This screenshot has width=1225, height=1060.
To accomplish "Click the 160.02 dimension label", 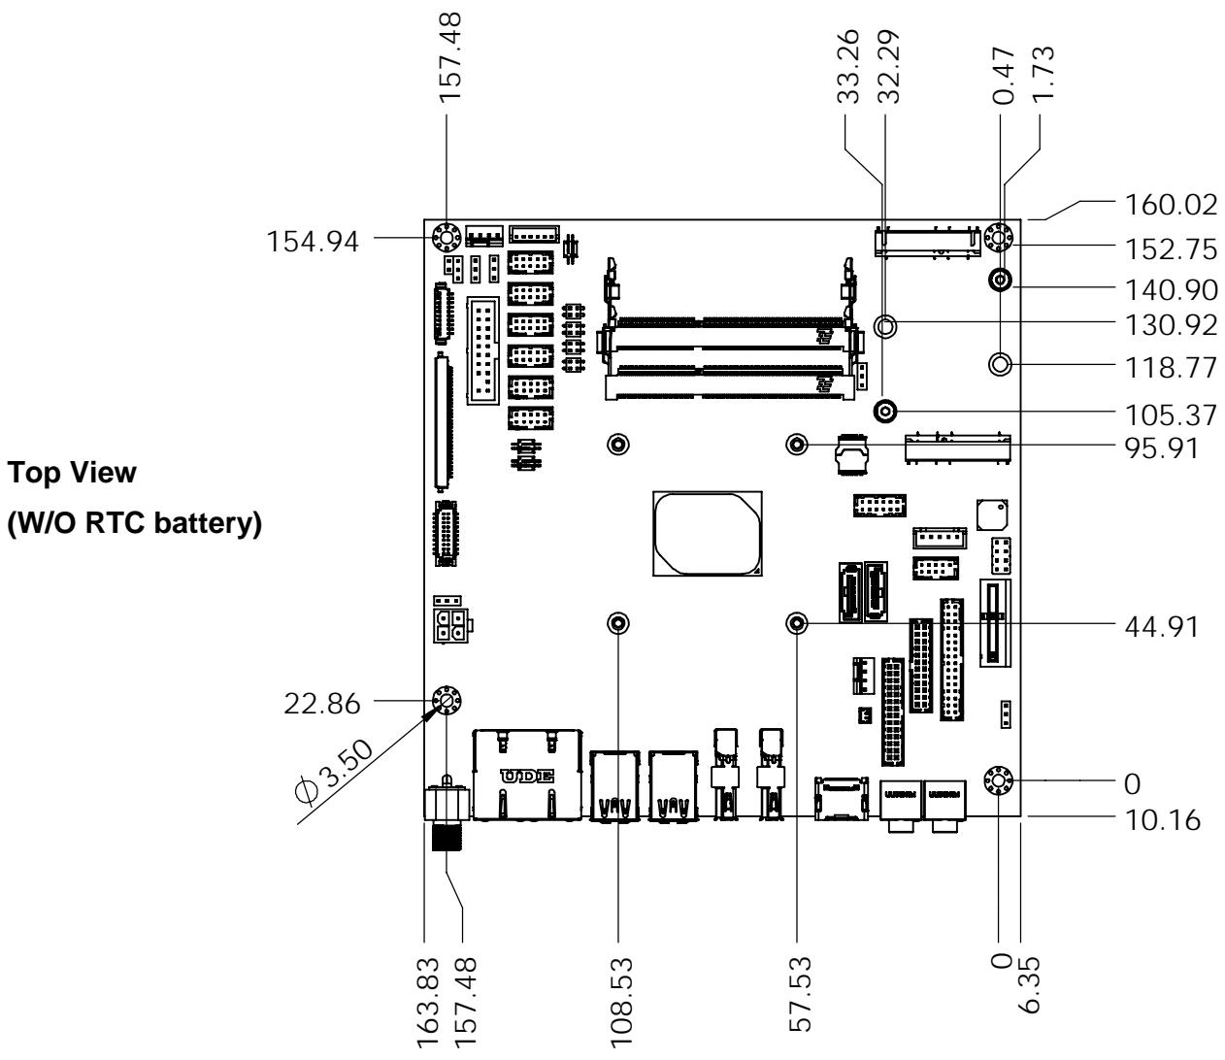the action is click(1170, 206).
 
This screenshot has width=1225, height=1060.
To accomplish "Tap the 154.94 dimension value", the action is click(313, 242).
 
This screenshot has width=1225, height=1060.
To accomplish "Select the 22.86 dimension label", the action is click(322, 704).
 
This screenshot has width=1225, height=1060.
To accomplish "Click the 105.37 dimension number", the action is click(1170, 415).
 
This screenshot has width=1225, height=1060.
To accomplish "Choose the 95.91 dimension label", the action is click(1162, 448).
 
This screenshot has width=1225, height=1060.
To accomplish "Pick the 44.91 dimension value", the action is click(1162, 627).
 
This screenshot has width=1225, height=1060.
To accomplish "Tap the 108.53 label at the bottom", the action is click(621, 1003).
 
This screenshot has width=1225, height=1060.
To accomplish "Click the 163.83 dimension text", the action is click(428, 1003).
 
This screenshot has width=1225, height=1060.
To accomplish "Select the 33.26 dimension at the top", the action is click(848, 66).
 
